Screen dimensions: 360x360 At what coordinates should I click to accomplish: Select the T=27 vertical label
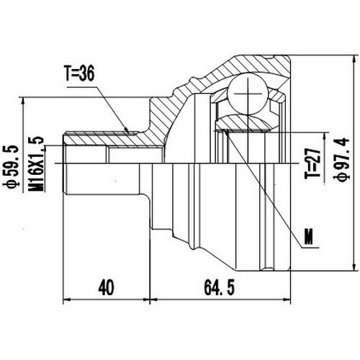311,165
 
